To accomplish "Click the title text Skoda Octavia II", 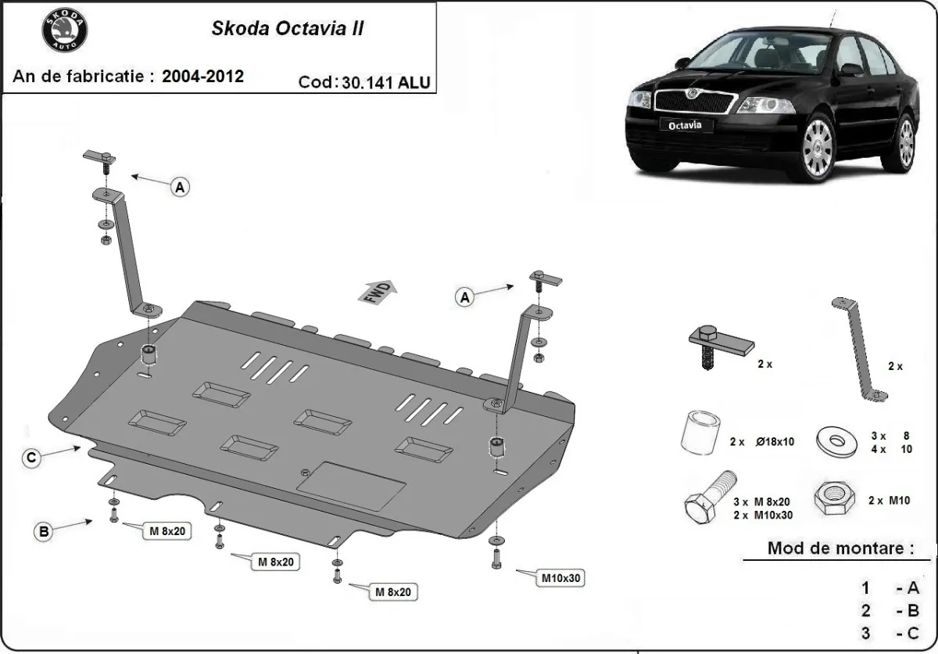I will pos(287,29).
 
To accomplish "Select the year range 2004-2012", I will pos(202,76).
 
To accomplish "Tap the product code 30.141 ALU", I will pos(385,82).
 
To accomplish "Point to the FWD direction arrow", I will pos(379,290).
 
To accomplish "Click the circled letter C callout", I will pos(30,459).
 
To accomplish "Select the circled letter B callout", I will pos(45,532).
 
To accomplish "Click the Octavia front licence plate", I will pos(684,124).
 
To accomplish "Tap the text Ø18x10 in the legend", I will pos(774,442).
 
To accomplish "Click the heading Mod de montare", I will pos(840,548).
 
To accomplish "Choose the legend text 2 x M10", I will pos(889,501).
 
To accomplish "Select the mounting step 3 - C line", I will pos(891,632).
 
